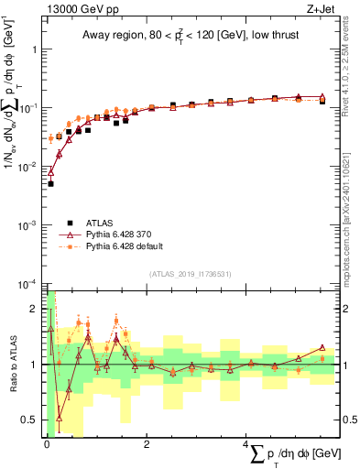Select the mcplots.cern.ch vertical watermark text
pyautogui.click(x=352, y=211)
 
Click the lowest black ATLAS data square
pyautogui.click(x=50, y=184)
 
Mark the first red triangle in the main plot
pyautogui.click(x=50, y=171)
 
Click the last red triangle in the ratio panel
pyautogui.click(x=322, y=347)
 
